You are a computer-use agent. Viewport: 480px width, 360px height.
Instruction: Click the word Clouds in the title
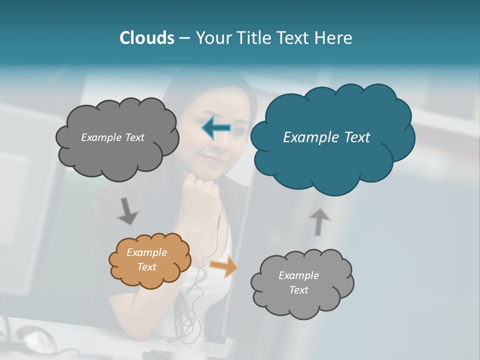pyautogui.click(x=146, y=38)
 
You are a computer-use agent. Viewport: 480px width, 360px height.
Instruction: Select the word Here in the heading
pyautogui.click(x=334, y=38)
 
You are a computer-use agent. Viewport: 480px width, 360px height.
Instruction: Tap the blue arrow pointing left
pyautogui.click(x=216, y=128)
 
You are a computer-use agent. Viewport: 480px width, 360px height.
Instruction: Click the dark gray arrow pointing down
pyautogui.click(x=127, y=210)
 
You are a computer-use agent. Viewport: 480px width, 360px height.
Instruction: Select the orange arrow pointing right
pyautogui.click(x=224, y=266)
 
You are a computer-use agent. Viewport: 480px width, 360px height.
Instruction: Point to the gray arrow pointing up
pyautogui.click(x=319, y=221)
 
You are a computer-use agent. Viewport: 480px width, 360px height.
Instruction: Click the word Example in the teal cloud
pyautogui.click(x=309, y=137)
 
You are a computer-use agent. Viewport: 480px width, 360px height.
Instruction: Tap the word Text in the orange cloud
pyautogui.click(x=147, y=267)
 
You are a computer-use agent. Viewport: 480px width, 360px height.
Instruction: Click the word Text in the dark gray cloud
pyautogui.click(x=133, y=137)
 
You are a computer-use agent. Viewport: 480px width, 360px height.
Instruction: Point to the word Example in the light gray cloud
pyautogui.click(x=298, y=275)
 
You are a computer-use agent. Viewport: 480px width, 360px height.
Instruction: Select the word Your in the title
pyautogui.click(x=214, y=38)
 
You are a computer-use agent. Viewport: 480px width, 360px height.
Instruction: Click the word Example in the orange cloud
pyautogui.click(x=146, y=252)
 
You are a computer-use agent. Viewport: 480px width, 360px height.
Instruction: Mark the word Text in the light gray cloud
pyautogui.click(x=298, y=290)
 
